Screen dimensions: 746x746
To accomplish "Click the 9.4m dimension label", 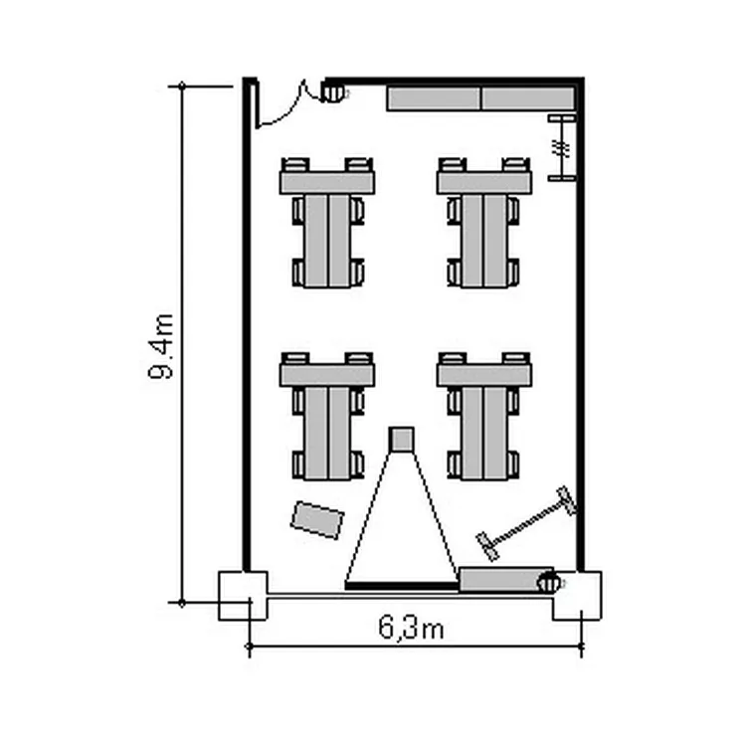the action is (161, 346).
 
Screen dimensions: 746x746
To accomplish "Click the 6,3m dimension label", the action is (411, 627).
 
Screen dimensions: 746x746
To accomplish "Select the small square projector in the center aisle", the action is (401, 439).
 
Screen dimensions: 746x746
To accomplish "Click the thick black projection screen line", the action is (402, 585).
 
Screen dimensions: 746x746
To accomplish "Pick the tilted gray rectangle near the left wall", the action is (317, 520).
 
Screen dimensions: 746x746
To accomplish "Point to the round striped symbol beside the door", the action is (332, 92).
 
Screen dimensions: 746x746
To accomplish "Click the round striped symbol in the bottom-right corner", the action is (548, 583).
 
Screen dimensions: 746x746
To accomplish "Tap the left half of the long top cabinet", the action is (433, 98).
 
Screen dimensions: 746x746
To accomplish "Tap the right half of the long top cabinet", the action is (528, 98).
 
